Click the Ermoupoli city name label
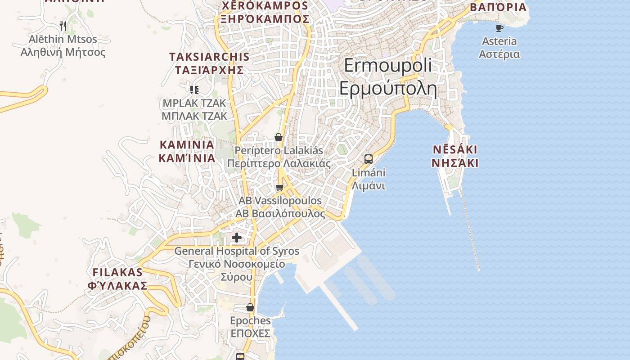pos(388,77)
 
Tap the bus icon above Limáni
pos(369,159)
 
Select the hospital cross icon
pos(237,238)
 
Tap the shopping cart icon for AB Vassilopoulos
pos(280,187)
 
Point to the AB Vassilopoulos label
pos(280,207)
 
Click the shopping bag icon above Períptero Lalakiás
pos(279,137)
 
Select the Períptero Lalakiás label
pos(279,157)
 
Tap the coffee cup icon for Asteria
pos(499,28)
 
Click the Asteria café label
pos(499,48)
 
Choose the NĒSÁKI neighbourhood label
pos(454,156)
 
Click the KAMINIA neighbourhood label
pos(187,151)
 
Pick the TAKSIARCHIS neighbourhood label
pos(209,63)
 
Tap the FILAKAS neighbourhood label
pos(117,279)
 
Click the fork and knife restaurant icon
pos(63,26)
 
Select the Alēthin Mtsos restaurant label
pos(63,45)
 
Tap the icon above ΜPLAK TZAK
pos(194,90)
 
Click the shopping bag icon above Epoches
pos(250,307)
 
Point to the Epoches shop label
pos(250,327)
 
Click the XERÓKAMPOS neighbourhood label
pos(265,12)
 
